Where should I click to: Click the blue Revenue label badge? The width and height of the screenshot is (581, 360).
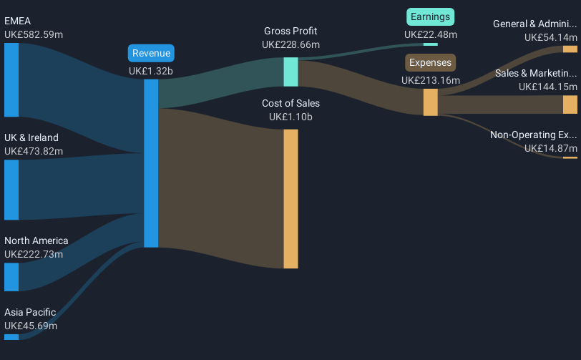coord(151,53)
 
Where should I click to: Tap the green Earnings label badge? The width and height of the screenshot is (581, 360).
coord(430,16)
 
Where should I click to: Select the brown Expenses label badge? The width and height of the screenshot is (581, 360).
coord(430,62)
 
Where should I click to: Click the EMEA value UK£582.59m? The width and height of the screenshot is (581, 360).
coord(34,34)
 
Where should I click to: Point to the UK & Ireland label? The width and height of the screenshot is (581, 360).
coord(31,137)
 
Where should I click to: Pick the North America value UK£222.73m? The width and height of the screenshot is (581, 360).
coord(34,254)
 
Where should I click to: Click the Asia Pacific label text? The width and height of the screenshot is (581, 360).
coord(30,312)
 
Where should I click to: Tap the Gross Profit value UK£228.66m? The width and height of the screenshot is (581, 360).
coord(290,44)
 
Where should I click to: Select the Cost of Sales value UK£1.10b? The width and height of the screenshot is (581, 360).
coord(290,117)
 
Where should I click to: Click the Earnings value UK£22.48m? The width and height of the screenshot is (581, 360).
coord(430,34)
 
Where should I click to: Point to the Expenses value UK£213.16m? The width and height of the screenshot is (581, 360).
coord(430,80)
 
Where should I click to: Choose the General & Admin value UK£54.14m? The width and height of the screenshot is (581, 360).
coord(550,37)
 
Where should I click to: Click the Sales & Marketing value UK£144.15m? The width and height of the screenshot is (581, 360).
coord(547,87)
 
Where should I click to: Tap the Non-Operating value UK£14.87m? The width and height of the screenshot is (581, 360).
coord(550,148)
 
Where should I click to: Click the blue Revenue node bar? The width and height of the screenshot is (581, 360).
coord(151,163)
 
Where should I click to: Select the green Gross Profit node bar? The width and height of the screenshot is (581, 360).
coord(290,72)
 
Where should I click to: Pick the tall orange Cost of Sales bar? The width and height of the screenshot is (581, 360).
coord(290,199)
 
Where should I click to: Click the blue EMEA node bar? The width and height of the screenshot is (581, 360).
coord(11,79)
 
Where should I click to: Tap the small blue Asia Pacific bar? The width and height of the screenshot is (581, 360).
coord(11,337)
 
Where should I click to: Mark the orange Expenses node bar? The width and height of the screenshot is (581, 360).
coord(430,102)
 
